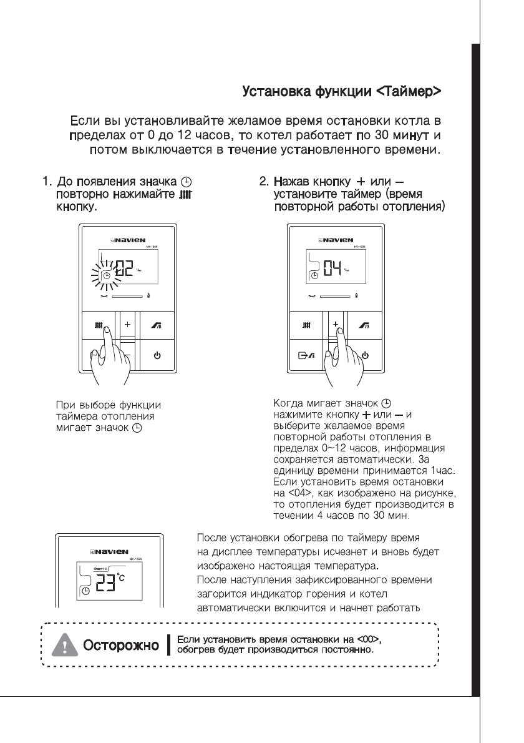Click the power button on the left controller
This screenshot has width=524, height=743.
(157, 356)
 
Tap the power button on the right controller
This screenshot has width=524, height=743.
(365, 356)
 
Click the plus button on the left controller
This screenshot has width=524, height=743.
(127, 325)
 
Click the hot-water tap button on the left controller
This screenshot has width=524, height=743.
(157, 325)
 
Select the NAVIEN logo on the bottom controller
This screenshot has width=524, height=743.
(109, 553)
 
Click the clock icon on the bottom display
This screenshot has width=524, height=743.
(85, 590)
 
